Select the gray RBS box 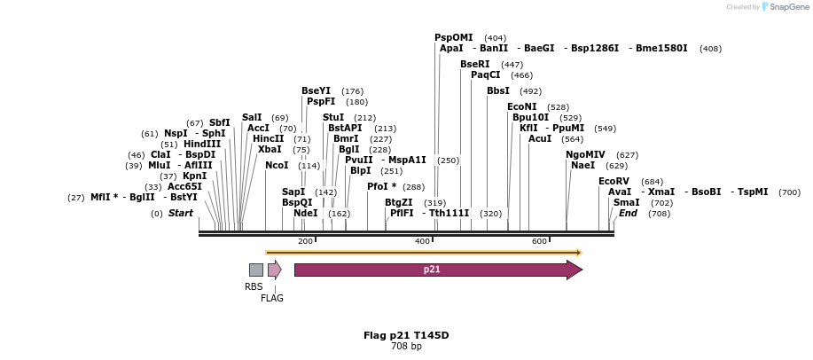coord(255,270)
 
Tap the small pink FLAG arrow coord(274,270)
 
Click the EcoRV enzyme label coord(614,181)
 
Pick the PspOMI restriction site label coord(453,37)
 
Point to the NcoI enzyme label coord(277,165)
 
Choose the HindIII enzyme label coord(202,144)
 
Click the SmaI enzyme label coord(626,202)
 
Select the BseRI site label coord(474,64)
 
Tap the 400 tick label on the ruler coord(422,241)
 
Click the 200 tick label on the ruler coord(305,241)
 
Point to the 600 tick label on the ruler coord(539,241)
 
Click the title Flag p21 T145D coord(406,335)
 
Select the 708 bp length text coord(406,346)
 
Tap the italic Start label coord(181,213)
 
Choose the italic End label coord(628,213)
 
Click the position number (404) coord(495,38)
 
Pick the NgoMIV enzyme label coord(585,154)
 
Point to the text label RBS coord(254,286)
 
